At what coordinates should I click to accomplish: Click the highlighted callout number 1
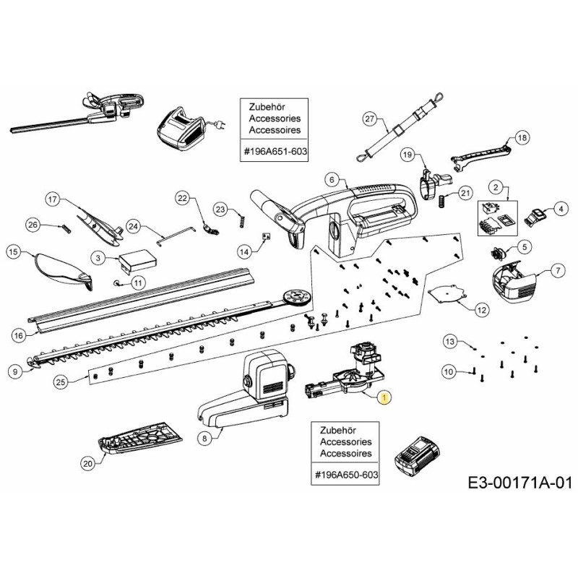coord(384,397)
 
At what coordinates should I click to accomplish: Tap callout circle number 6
coord(332,179)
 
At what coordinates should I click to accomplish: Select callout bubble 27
coord(369,118)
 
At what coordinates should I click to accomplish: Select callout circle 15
coord(13,251)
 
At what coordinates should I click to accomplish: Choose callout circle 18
coord(522,137)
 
